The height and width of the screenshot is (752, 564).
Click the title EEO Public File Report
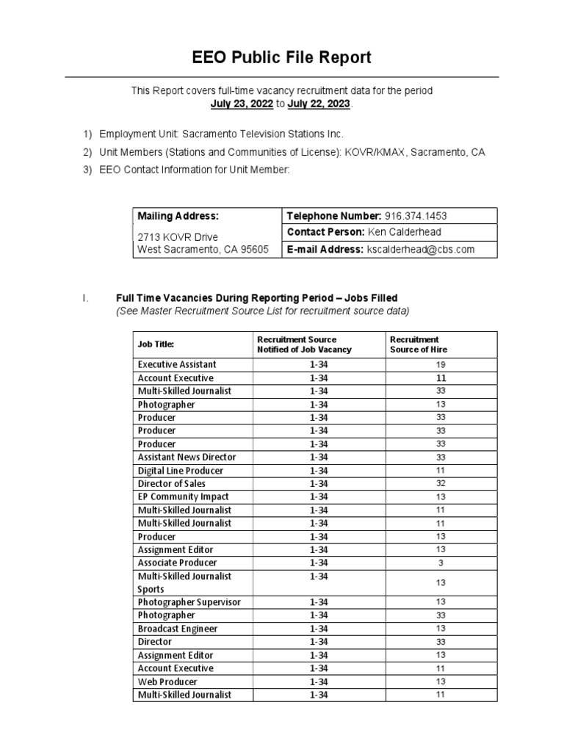(x=282, y=57)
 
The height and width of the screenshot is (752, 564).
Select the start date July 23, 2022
(x=242, y=104)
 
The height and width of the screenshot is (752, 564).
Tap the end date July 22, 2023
(x=319, y=104)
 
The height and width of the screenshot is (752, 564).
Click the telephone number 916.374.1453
(x=416, y=216)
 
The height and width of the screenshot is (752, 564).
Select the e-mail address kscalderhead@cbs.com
(x=420, y=249)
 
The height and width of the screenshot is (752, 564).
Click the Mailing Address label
(x=178, y=216)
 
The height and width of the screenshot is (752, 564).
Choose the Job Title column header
(x=156, y=344)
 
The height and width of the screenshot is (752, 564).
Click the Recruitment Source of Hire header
(x=418, y=344)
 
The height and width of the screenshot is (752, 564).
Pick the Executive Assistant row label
(x=177, y=364)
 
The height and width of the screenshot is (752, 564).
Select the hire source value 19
(x=441, y=364)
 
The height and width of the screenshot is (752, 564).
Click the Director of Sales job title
(x=172, y=483)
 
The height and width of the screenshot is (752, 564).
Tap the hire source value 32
(x=441, y=483)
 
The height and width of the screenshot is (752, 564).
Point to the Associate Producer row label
(x=177, y=563)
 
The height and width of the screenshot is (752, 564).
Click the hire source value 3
(x=441, y=563)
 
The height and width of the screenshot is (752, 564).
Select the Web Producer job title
(x=167, y=681)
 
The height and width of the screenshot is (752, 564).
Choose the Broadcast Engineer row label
(x=178, y=629)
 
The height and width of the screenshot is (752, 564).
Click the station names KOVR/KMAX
(x=377, y=152)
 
